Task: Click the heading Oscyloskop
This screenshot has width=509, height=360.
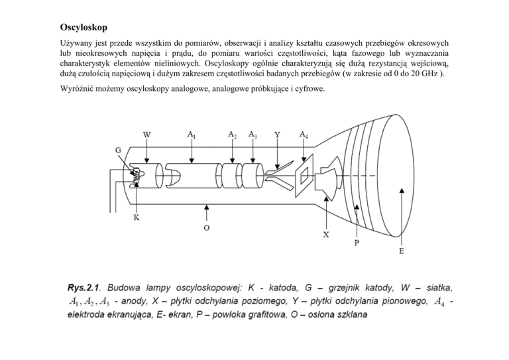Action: (x=80, y=29)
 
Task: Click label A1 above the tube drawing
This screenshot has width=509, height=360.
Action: (x=192, y=135)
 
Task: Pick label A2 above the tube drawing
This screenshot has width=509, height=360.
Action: (x=233, y=135)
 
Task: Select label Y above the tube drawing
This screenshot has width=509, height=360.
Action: (x=276, y=135)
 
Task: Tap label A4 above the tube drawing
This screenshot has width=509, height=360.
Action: (x=304, y=135)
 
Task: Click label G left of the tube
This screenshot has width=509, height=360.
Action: (x=118, y=150)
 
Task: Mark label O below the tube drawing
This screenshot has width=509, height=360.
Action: (x=207, y=227)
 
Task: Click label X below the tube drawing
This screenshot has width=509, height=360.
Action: (x=326, y=235)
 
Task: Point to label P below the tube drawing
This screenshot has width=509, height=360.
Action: (x=357, y=243)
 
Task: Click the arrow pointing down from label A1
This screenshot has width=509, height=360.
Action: (x=192, y=151)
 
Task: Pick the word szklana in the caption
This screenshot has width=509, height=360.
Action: (x=348, y=316)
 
